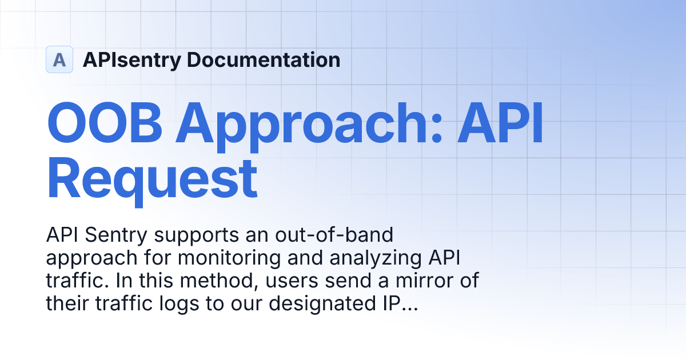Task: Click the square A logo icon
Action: [x=59, y=59]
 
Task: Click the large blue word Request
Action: [x=152, y=179]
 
